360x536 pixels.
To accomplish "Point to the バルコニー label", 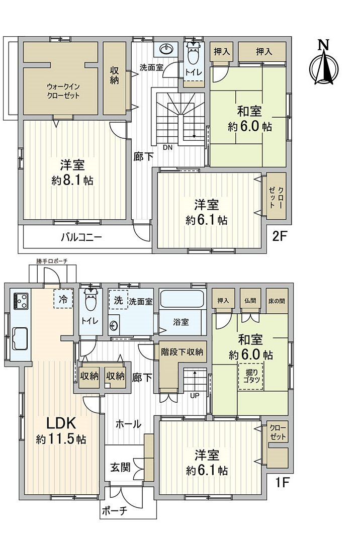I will (x=82, y=238).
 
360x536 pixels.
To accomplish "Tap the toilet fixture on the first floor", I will (x=91, y=302).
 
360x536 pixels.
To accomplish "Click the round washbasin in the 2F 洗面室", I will (x=166, y=49).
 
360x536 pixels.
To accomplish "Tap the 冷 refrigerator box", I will (x=63, y=299).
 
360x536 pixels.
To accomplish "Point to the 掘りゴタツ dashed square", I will (x=250, y=375).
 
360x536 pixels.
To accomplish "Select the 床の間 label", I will (x=277, y=300).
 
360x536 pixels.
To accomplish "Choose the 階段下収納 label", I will (x=182, y=351).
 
